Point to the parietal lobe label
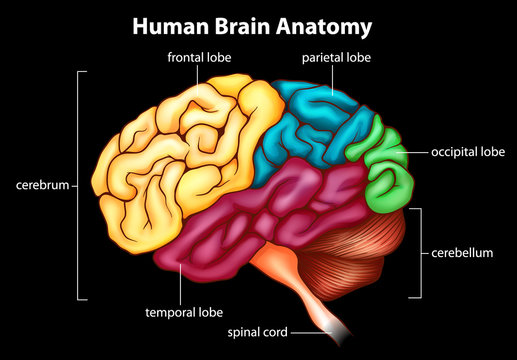337,58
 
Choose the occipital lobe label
468,152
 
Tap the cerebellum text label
464,253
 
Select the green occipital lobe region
385,170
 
